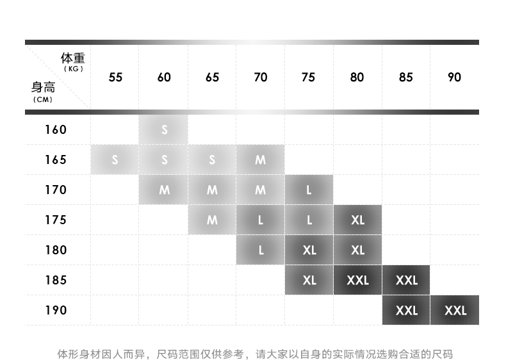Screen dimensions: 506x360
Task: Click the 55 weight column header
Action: [115, 77]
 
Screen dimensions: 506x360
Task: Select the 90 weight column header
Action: [454, 77]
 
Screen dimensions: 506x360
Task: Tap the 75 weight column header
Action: [308, 77]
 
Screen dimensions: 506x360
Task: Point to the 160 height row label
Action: [56, 129]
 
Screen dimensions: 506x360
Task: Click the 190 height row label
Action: [56, 310]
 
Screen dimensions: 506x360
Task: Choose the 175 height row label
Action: [56, 220]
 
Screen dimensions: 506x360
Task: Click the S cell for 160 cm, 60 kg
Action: [164, 129]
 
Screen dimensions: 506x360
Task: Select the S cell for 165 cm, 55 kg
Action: [115, 160]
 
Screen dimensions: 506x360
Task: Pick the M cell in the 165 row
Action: [260, 160]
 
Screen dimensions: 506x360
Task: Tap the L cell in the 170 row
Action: [309, 190]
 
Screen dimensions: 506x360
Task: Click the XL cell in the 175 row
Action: [357, 220]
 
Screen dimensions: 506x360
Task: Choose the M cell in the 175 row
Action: [212, 220]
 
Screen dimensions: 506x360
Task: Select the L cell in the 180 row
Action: [260, 250]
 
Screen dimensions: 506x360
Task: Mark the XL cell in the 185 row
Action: [309, 280]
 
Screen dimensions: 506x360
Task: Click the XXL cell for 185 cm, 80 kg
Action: [357, 280]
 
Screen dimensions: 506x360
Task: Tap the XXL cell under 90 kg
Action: [455, 310]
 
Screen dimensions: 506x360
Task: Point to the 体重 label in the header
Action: [72, 59]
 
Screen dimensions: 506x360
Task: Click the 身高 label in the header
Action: [43, 88]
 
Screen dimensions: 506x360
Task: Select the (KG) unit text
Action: [74, 69]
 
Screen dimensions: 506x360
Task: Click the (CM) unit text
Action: [42, 99]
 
